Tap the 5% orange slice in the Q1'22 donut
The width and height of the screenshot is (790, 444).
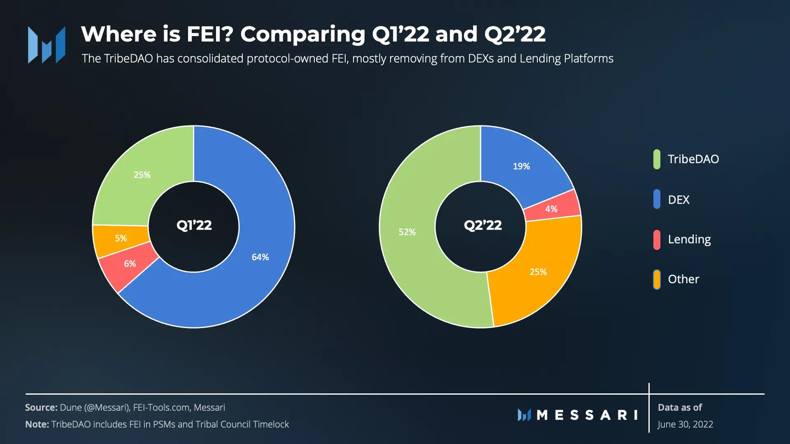pyautogui.click(x=120, y=239)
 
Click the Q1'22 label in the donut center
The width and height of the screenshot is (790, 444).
pyautogui.click(x=194, y=225)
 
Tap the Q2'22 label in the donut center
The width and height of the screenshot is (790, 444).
pyautogui.click(x=483, y=225)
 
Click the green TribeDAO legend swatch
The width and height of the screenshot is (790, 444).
pyautogui.click(x=657, y=160)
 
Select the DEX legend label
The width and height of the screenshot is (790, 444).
pyautogui.click(x=678, y=200)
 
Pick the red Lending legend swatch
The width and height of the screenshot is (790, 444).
pyautogui.click(x=657, y=240)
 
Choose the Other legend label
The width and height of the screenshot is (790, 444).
pyautogui.click(x=683, y=280)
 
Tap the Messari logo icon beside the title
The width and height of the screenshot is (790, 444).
pyautogui.click(x=46, y=44)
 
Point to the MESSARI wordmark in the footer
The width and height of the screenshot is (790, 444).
pyautogui.click(x=587, y=415)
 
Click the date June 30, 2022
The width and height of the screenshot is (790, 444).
pyautogui.click(x=685, y=424)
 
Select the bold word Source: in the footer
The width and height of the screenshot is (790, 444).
pyautogui.click(x=41, y=407)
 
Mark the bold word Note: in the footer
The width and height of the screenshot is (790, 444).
pyautogui.click(x=37, y=424)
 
